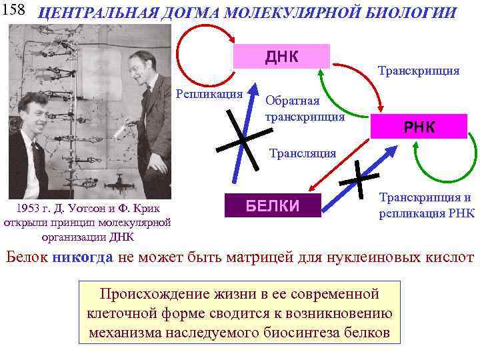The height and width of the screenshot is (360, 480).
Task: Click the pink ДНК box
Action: tap(282, 56)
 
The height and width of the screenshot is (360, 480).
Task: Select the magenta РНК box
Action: tap(419, 127)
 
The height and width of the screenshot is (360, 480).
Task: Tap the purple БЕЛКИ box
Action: tap(273, 205)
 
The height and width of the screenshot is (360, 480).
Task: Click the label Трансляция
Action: tap(301, 153)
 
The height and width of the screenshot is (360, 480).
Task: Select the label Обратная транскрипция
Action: tap(304, 109)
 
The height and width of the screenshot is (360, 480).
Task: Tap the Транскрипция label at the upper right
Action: tap(418, 70)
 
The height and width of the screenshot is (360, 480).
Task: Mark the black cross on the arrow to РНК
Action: tap(359, 178)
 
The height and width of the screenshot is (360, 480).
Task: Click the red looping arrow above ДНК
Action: tap(200, 47)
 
